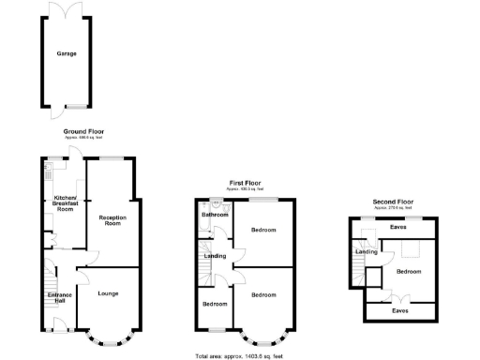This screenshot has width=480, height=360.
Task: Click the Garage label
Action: point(67,54)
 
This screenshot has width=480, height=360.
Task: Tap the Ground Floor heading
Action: point(82,131)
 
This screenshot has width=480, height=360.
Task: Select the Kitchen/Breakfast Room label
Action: point(64,203)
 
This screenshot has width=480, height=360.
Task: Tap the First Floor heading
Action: point(245,183)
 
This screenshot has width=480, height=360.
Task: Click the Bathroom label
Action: point(216,215)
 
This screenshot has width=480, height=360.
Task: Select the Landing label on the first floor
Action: point(215,256)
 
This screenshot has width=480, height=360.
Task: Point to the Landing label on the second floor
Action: point(366,250)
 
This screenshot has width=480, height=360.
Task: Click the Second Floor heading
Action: point(392,202)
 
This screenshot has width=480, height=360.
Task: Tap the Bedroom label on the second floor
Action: point(409,271)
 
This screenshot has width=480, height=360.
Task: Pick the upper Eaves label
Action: point(398,227)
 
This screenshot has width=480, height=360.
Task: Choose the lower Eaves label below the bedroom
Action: point(399,310)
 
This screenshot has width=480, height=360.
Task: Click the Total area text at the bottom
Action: point(238,356)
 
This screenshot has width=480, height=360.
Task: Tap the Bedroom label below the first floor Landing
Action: point(215,304)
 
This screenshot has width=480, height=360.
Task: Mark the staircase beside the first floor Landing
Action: point(205,274)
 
